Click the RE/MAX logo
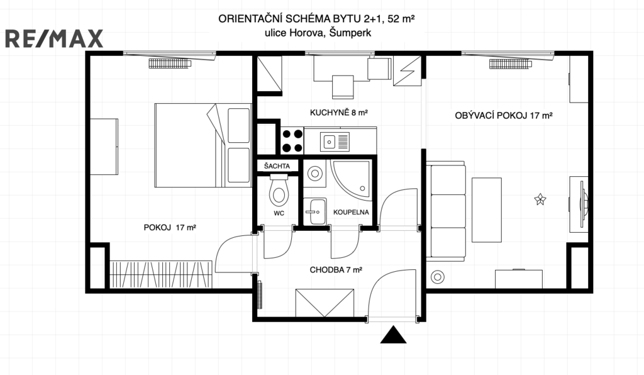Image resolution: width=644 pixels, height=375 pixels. click(54, 38)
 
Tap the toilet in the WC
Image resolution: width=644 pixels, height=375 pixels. click(279, 190)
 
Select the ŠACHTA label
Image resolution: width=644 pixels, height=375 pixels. click(277, 166)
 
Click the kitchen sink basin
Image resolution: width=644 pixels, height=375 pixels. click(330, 142)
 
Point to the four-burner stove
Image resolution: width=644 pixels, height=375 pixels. click(292, 141)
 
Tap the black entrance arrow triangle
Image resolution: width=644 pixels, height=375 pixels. click(393, 334)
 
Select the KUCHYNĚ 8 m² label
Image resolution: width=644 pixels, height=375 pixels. click(339, 112)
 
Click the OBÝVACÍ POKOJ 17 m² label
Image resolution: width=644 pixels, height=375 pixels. click(504, 115)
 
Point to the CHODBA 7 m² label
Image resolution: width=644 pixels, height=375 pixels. click(336, 270)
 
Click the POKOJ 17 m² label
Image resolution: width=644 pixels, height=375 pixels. click(170, 227)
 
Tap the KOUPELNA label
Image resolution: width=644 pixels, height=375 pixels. click(351, 212)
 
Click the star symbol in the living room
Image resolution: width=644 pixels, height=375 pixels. click(540, 199)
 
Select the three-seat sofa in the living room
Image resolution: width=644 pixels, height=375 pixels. click(446, 211)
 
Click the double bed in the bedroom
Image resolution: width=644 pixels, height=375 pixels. click(203, 145)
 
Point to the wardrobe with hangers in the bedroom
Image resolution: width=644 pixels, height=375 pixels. click(161, 274)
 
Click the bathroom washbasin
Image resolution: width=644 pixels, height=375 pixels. click(315, 211)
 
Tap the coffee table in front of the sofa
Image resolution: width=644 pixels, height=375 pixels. click(487, 210)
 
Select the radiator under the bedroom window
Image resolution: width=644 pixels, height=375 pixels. click(170, 64)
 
